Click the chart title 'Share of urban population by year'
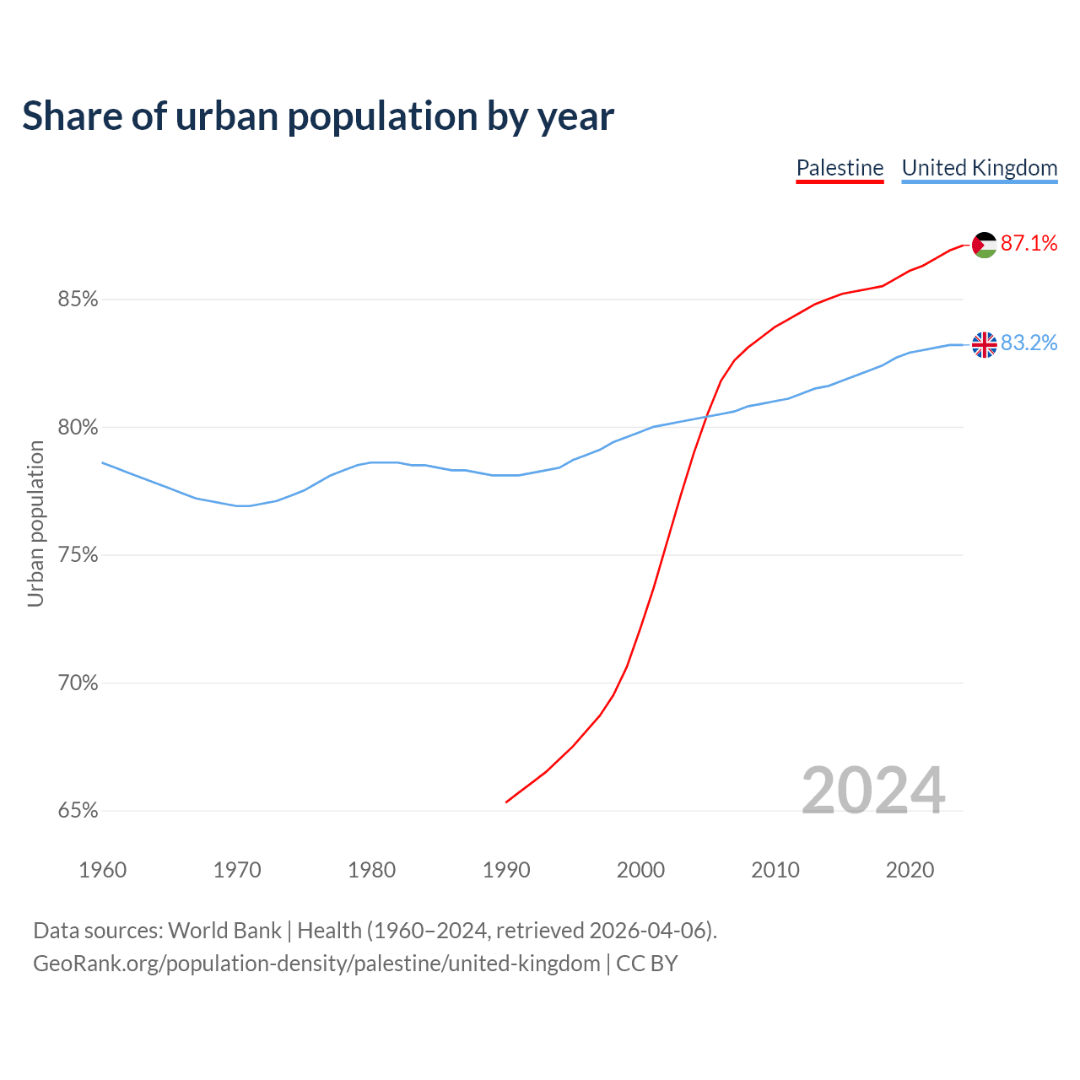point(318,116)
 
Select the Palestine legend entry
point(840,168)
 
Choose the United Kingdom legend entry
point(979,168)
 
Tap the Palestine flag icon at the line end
point(985,245)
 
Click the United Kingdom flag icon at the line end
point(985,344)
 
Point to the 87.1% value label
point(1029,244)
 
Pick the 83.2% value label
point(1029,343)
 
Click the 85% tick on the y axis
point(78,300)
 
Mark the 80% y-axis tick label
point(78,428)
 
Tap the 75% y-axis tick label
point(78,555)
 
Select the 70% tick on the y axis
point(78,683)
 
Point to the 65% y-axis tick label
point(78,811)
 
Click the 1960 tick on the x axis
point(103,870)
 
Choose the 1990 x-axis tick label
point(506,870)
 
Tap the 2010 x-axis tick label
point(775,870)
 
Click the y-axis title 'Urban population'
point(35,523)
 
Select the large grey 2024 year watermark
point(873,791)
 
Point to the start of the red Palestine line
point(506,802)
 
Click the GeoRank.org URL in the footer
point(316,964)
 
